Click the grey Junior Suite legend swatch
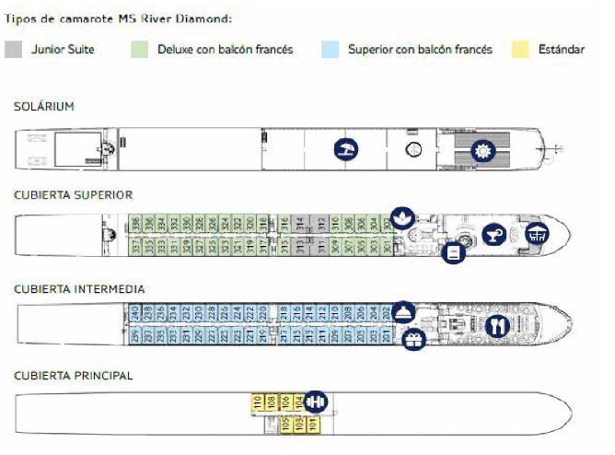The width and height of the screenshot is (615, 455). tap(14, 49)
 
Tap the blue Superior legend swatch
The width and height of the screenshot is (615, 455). tap(331, 49)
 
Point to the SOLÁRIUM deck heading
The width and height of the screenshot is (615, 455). tap(43, 107)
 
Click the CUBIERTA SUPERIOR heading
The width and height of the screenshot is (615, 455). tap(73, 195)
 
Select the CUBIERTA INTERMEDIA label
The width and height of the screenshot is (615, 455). tap(79, 289)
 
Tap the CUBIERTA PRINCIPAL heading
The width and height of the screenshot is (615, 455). tap(73, 376)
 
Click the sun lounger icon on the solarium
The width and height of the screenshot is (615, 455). tap(345, 150)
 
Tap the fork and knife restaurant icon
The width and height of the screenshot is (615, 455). tap(497, 324)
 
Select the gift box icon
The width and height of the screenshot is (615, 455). tap(413, 339)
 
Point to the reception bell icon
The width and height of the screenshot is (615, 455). tap(402, 311)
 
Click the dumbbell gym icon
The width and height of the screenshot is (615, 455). tap(316, 401)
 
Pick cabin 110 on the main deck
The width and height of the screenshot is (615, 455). tap(257, 402)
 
